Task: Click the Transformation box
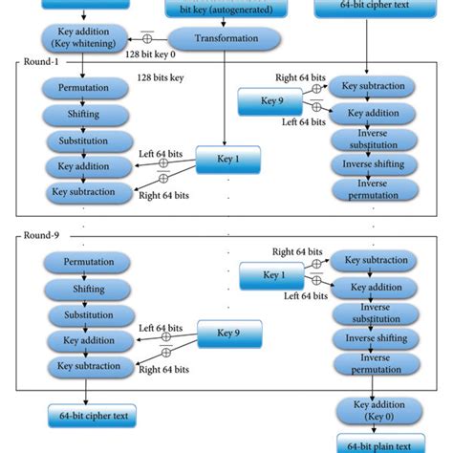[x=226, y=38]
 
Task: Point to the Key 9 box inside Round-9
[x=228, y=334]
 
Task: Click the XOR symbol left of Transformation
[x=148, y=38]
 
